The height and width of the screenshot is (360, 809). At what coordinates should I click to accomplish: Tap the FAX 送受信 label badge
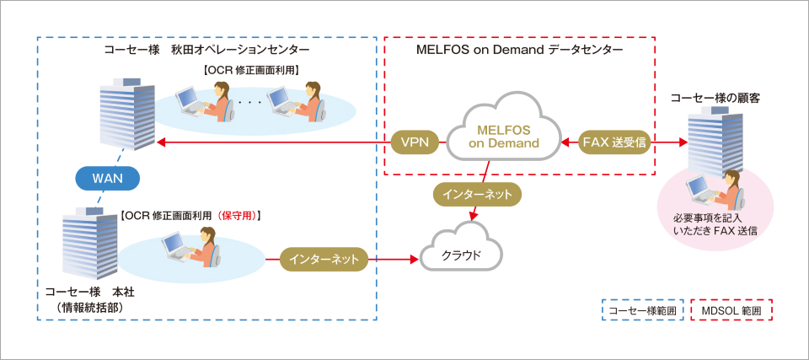point(614,143)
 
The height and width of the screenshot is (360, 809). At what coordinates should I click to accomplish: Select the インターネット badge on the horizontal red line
point(324,258)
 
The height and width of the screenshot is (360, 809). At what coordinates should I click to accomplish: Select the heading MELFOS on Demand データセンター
point(519,50)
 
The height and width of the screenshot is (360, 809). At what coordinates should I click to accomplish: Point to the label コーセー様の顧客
point(715,98)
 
